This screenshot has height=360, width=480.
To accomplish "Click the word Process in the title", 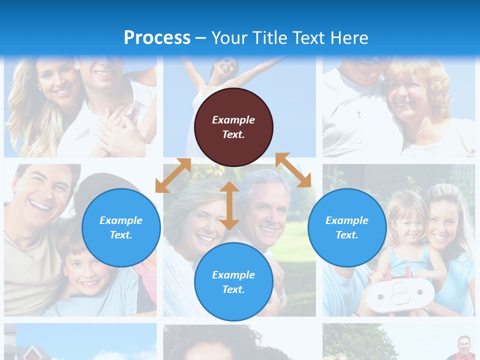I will coord(157,37).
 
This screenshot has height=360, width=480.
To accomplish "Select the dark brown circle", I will coord(233,127).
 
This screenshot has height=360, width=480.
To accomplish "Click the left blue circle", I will coord(121,227).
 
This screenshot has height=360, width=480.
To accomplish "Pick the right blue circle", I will coord(347,227).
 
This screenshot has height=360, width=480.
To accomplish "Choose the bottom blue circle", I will coord(233,282).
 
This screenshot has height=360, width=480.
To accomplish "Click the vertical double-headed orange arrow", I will coord(229,205).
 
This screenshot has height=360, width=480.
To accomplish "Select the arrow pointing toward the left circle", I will coord(173,175).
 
